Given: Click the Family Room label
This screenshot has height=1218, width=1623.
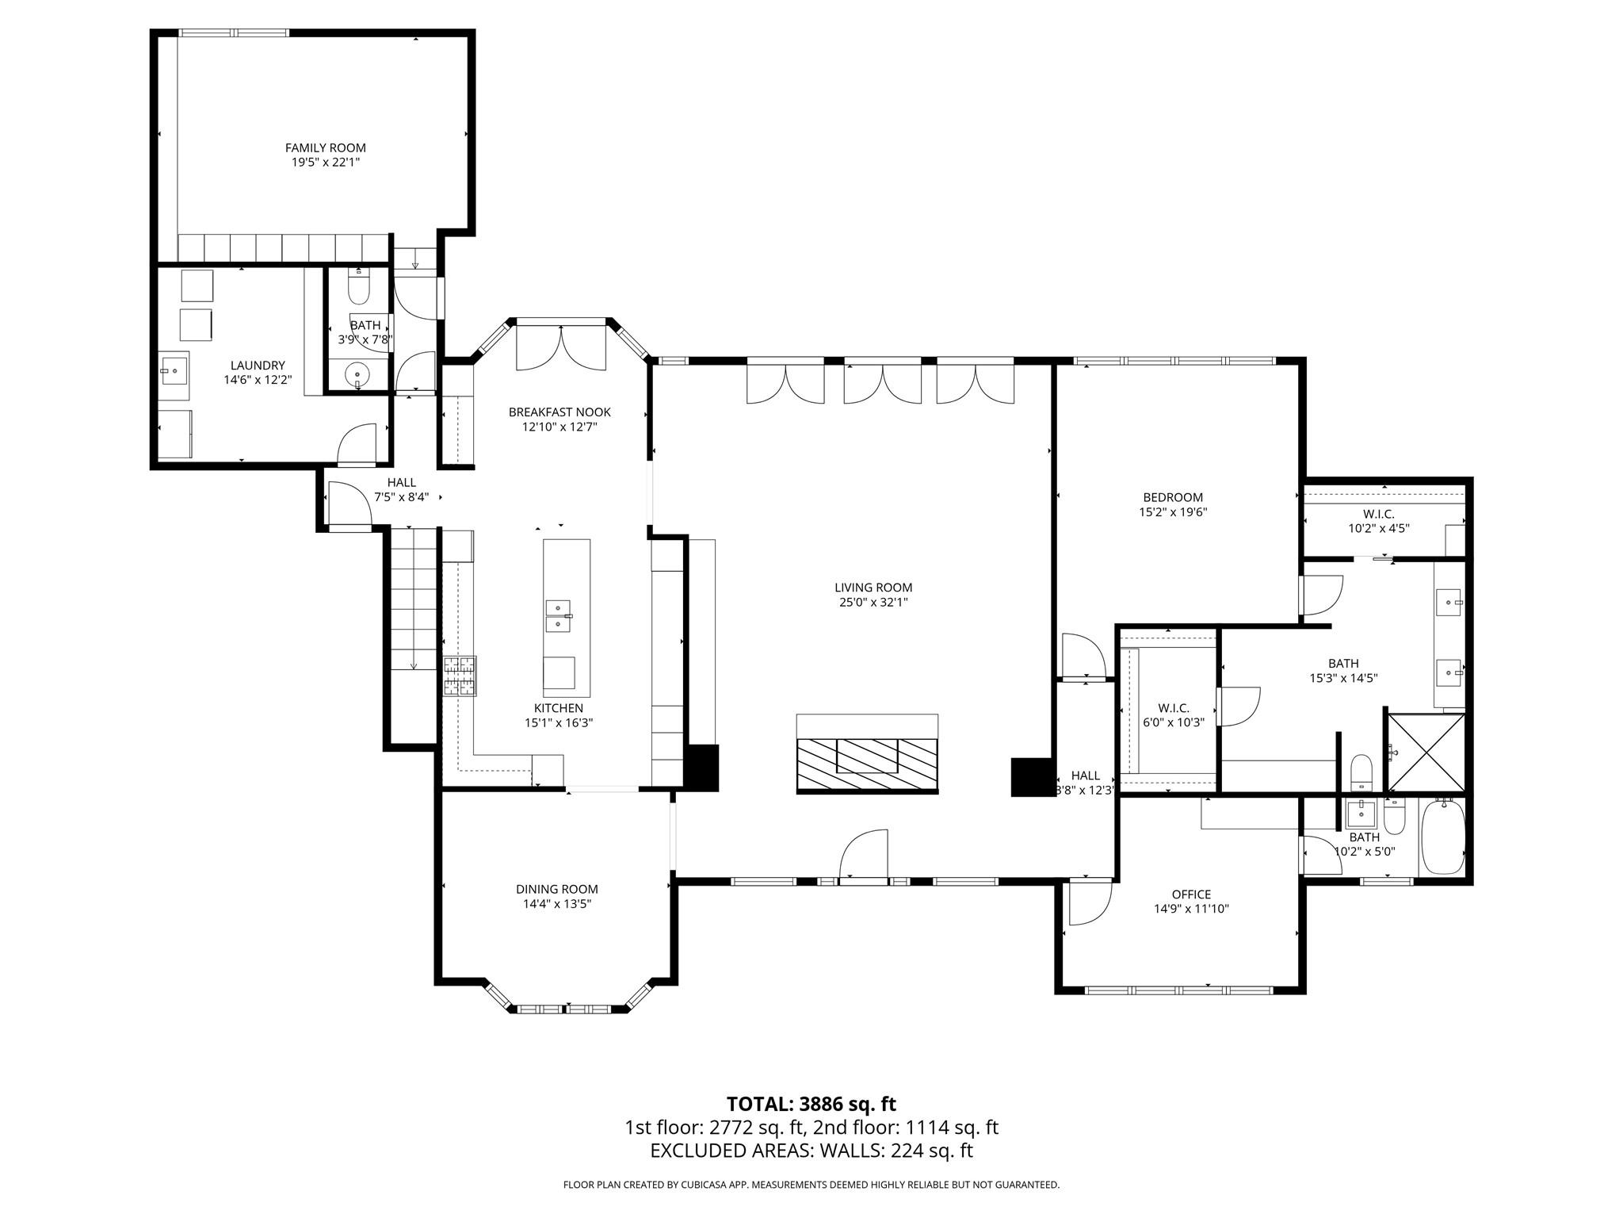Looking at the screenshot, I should click(x=325, y=147).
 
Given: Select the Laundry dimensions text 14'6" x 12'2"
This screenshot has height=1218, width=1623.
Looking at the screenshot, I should click(x=258, y=380).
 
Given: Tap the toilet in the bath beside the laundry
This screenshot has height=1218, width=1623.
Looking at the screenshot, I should click(x=358, y=288).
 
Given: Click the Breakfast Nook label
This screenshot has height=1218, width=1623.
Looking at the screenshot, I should click(x=559, y=412).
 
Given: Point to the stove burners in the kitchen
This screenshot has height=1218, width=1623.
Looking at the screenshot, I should click(x=460, y=676).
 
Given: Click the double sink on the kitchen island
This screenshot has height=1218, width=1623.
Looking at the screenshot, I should click(x=558, y=616).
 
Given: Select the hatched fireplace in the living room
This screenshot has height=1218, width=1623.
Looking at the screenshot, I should click(x=867, y=764).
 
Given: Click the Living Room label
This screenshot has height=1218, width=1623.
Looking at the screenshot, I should click(x=873, y=588).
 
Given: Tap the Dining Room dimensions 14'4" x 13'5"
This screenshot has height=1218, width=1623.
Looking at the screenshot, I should click(x=556, y=903).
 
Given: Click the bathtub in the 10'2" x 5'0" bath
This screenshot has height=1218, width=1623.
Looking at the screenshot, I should click(x=1442, y=838).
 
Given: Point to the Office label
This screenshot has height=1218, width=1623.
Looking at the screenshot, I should click(x=1191, y=894).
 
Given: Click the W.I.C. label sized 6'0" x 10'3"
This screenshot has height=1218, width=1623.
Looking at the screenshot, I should click(x=1174, y=708).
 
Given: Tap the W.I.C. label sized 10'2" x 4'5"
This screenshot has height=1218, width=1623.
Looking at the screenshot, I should click(x=1378, y=514).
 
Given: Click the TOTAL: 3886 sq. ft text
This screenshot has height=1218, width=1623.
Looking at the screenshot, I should click(x=811, y=1104).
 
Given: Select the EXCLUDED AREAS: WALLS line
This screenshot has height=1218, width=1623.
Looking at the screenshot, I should click(x=811, y=1151).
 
